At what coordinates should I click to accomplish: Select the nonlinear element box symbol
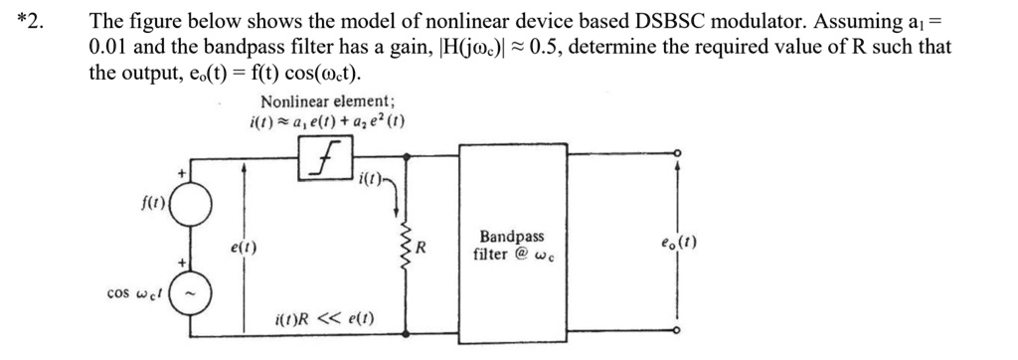(x=326, y=156)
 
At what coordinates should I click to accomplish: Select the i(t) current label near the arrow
(x=375, y=181)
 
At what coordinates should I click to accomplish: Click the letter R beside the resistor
(x=422, y=247)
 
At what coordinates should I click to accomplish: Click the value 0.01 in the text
(x=109, y=47)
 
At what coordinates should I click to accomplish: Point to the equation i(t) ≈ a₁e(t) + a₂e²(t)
(x=326, y=122)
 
